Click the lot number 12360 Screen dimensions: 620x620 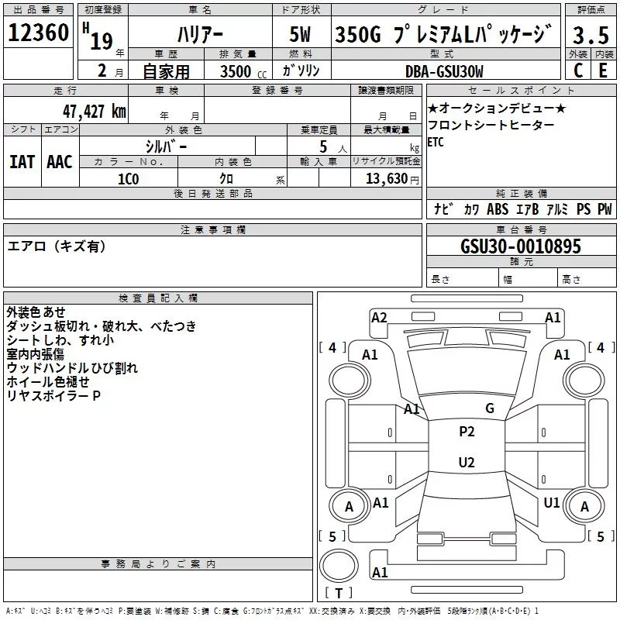coord(38,33)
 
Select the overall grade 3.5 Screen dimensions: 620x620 coord(591,35)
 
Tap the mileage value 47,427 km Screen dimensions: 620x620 coord(94,112)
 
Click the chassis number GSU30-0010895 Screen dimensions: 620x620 coord(521,246)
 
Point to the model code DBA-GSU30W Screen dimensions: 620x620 coord(444,71)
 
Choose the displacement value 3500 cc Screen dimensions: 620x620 coord(243,71)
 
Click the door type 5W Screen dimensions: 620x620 coord(300,34)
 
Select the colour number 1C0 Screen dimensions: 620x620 coord(129,179)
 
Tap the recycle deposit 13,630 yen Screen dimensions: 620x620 coord(392,179)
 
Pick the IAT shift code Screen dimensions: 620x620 coord(22,162)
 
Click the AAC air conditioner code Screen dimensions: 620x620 coord(60,162)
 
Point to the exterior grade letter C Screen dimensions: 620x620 coord(578,71)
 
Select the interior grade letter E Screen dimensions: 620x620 coord(603,71)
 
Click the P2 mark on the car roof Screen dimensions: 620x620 coord(467,432)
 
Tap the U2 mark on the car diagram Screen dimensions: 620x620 coord(467,462)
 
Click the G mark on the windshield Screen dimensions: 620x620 coord(490,408)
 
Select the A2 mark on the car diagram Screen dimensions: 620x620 coord(379,318)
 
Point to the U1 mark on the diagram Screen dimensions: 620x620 coord(552,502)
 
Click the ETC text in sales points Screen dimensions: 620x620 coord(436,142)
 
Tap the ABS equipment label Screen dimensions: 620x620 coord(498,209)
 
